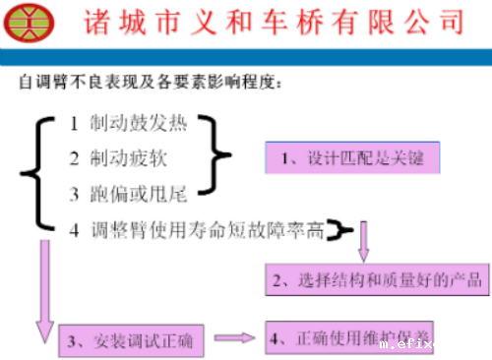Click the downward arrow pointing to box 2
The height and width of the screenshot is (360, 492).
coord(363,239)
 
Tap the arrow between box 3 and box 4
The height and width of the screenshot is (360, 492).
coord(235,339)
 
